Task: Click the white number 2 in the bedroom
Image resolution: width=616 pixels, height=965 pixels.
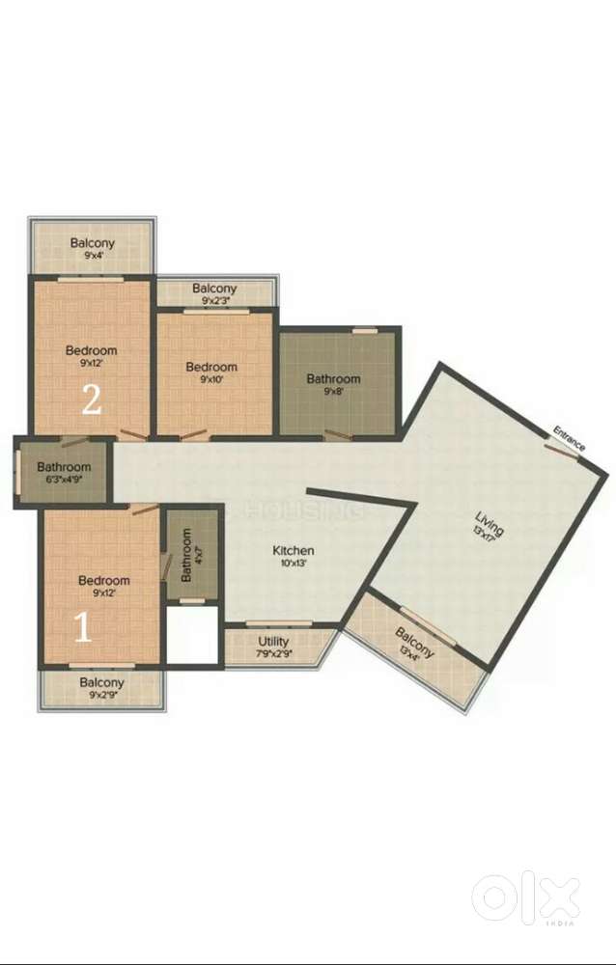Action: [92, 400]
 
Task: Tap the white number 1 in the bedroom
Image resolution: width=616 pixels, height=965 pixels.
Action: [84, 628]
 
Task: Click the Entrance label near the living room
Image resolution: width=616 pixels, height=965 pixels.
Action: [569, 438]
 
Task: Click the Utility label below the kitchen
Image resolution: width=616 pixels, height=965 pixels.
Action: [273, 642]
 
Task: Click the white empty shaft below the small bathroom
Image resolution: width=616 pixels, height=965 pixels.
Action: [192, 634]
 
